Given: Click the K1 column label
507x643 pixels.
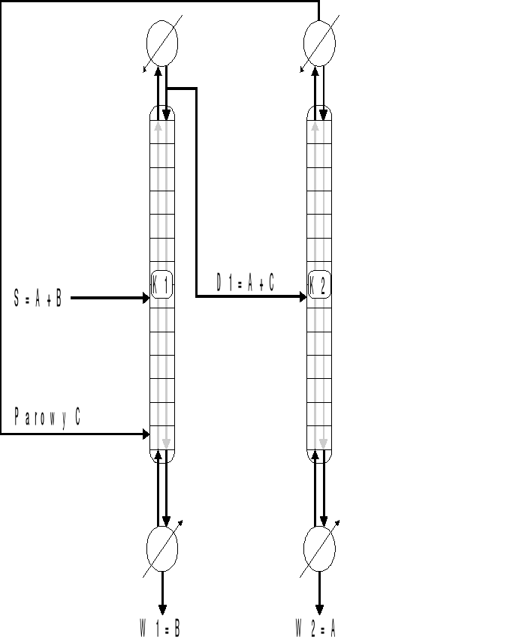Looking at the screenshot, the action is point(161,284).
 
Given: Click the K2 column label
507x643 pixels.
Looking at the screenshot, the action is point(319,284).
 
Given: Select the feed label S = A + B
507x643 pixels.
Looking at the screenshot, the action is point(38,298).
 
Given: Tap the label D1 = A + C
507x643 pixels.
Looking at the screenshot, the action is point(246,283).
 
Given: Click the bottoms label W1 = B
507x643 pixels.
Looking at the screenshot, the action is point(160,628).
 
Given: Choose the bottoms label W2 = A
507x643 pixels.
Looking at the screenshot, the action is point(315,628).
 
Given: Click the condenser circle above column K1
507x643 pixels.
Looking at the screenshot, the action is point(162,43).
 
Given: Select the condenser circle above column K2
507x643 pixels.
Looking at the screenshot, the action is point(319,43).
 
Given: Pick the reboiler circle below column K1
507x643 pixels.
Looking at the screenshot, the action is point(162,548).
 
